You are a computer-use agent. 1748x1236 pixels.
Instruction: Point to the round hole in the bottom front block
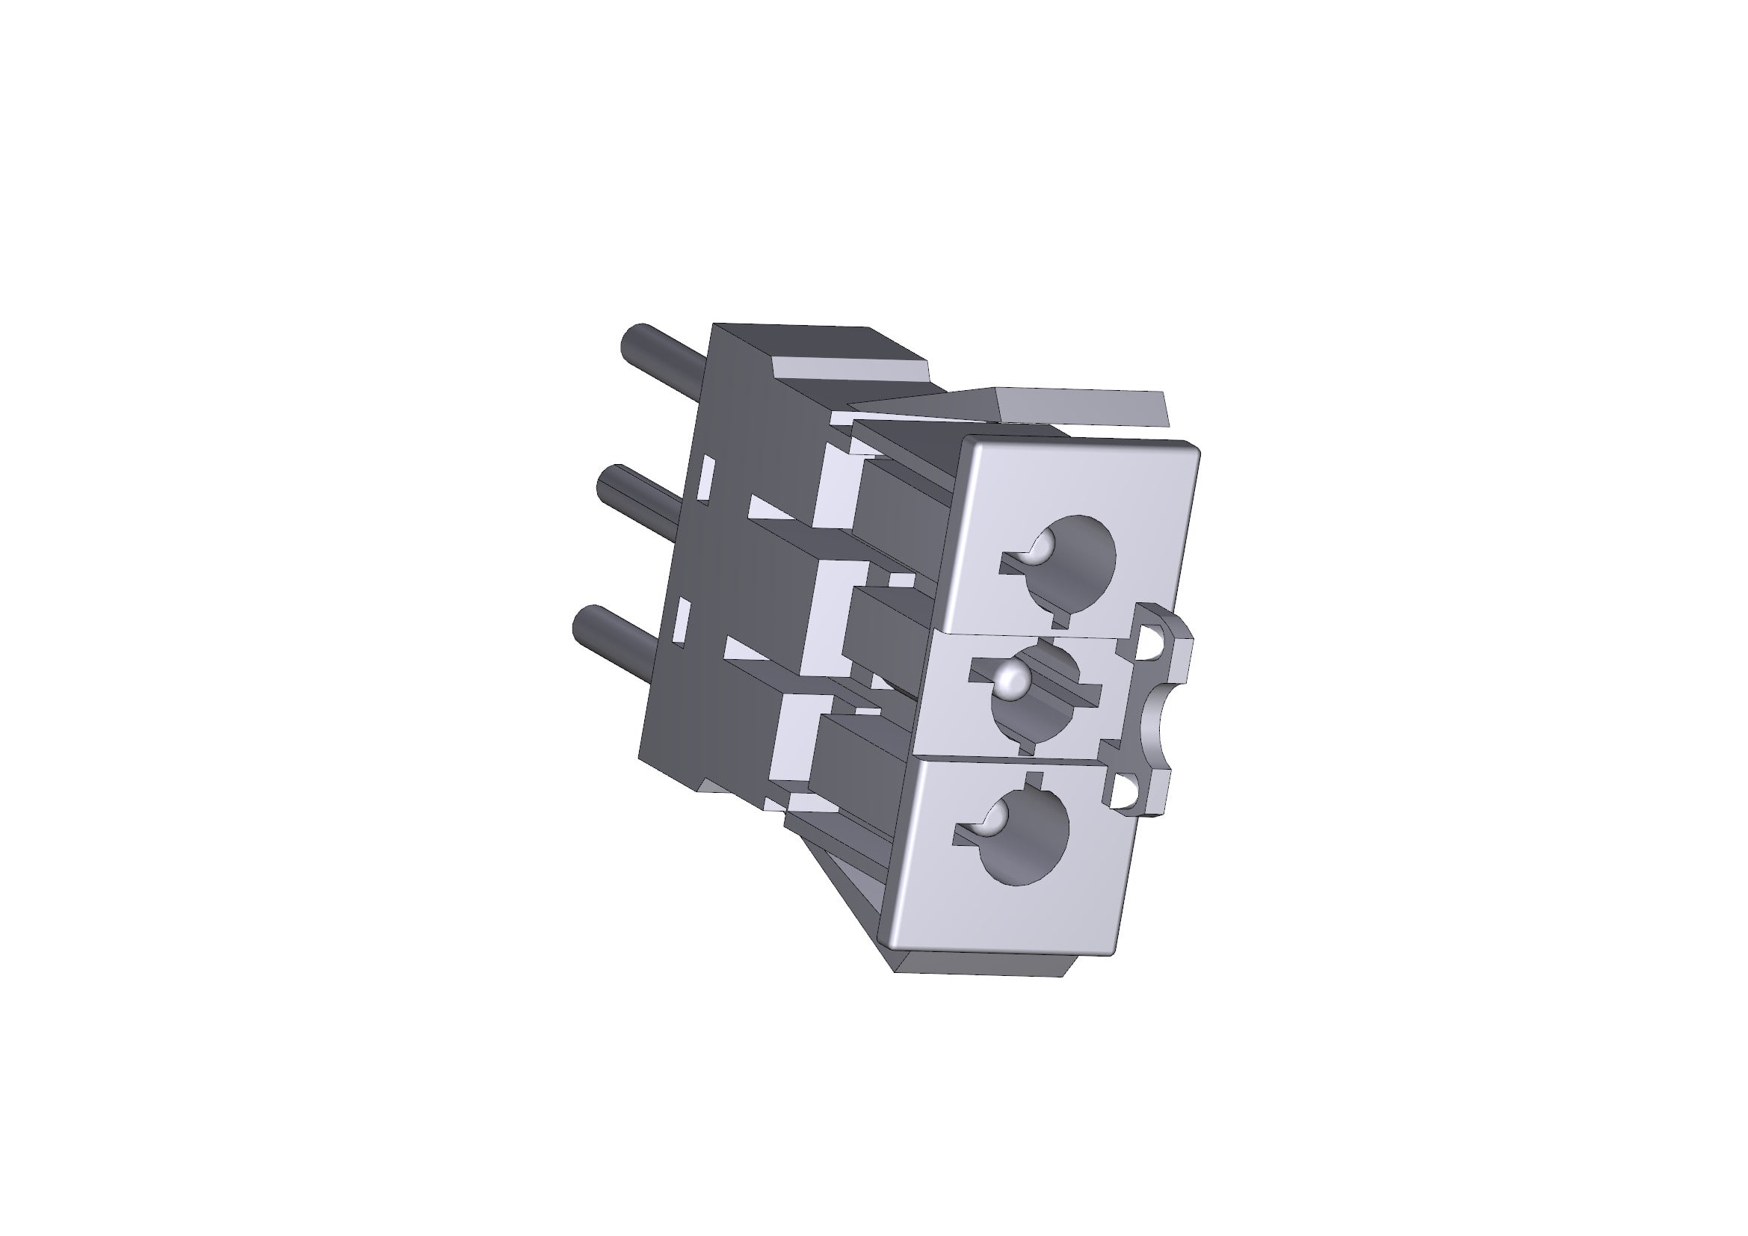click(x=1028, y=837)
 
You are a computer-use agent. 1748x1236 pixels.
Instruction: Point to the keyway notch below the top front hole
click(x=1063, y=620)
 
